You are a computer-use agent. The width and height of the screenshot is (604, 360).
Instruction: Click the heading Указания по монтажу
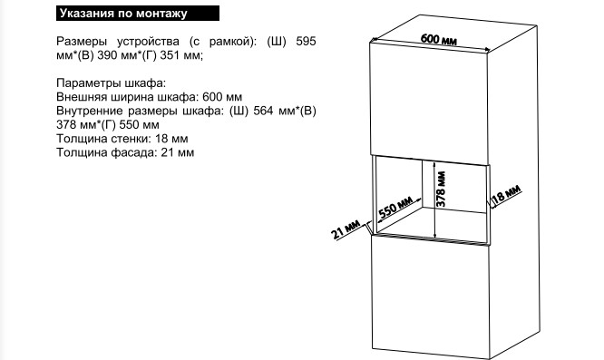pyautogui.click(x=123, y=14)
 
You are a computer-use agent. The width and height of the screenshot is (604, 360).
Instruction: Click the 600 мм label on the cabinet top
pyautogui.click(x=439, y=39)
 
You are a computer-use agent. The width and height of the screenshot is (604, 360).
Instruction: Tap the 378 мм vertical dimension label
pyautogui.click(x=442, y=189)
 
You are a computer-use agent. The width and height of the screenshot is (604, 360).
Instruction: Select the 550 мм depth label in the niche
pyautogui.click(x=395, y=207)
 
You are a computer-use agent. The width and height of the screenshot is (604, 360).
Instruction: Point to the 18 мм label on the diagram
pyautogui.click(x=507, y=194)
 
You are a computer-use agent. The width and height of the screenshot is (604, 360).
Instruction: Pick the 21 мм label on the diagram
pyautogui.click(x=346, y=229)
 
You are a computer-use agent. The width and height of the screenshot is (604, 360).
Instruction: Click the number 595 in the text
pyautogui.click(x=306, y=41)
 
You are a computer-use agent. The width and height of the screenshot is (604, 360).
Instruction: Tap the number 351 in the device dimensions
pyautogui.click(x=170, y=55)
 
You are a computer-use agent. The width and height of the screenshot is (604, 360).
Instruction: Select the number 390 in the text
pyautogui.click(x=107, y=55)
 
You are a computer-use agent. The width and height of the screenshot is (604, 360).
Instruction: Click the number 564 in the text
pyautogui.click(x=264, y=111)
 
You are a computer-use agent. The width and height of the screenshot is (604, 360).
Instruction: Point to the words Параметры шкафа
pyautogui.click(x=112, y=83)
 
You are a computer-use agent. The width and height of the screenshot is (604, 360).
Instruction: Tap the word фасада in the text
pyautogui.click(x=134, y=153)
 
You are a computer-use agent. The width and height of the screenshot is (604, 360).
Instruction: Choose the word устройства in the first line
pyautogui.click(x=149, y=42)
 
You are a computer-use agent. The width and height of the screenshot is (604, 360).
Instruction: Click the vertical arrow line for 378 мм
pyautogui.click(x=434, y=199)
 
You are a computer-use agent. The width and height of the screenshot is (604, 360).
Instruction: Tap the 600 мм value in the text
pyautogui.click(x=222, y=97)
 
